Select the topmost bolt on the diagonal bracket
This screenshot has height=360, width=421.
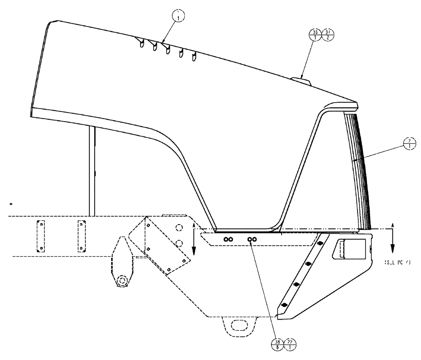[320, 244]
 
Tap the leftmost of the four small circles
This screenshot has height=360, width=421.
[226, 239]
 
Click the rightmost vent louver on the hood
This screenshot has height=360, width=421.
[195, 56]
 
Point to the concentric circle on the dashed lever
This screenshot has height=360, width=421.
[123, 280]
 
